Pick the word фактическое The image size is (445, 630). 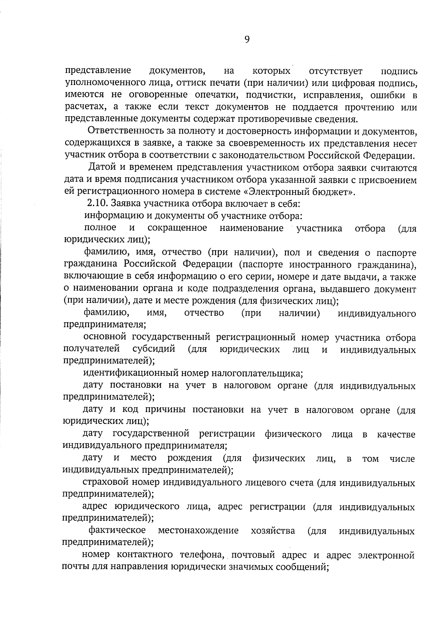(117, 531)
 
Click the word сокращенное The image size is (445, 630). (177, 228)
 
